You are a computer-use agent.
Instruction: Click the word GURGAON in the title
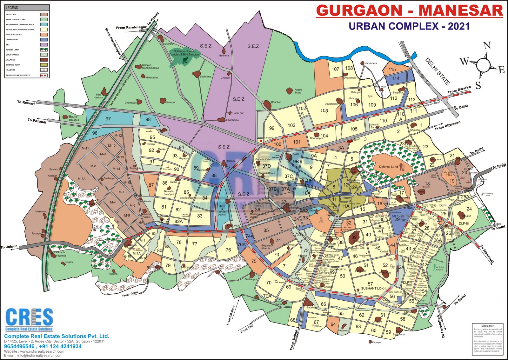(359, 11)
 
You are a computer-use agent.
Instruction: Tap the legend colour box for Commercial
(44, 40)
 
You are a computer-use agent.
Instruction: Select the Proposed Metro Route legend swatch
(44, 75)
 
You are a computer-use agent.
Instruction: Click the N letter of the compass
(487, 46)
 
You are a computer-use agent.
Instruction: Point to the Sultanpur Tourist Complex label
(184, 53)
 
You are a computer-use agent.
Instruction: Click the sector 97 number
(108, 119)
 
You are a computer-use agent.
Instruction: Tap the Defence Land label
(388, 167)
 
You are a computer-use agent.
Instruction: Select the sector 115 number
(392, 70)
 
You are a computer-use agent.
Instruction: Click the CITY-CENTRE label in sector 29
(400, 216)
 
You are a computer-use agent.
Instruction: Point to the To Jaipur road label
(9, 247)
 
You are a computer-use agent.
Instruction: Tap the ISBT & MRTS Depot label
(222, 210)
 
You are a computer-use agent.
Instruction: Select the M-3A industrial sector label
(82, 179)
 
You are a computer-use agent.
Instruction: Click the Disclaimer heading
(487, 326)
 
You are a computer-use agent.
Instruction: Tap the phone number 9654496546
(19, 346)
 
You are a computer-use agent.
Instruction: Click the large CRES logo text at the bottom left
(29, 317)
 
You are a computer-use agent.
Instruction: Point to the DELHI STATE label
(438, 72)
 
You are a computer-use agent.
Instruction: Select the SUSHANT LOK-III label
(374, 289)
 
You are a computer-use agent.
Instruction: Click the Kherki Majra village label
(298, 91)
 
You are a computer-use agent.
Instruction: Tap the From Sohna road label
(294, 340)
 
